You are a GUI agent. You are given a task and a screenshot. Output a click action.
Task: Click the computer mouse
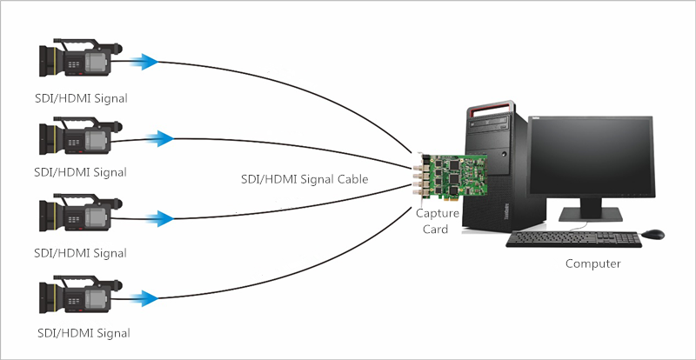click(653, 234)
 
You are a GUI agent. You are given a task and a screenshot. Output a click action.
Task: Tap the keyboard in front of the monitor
click(573, 239)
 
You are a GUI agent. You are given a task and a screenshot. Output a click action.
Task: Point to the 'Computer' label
click(592, 263)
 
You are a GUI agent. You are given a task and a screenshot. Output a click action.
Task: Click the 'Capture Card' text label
click(438, 221)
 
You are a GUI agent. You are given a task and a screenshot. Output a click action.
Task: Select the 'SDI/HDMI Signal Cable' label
click(304, 179)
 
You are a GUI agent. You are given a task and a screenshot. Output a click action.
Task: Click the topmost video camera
click(80, 57)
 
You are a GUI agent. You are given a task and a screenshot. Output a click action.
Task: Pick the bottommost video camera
click(80, 295)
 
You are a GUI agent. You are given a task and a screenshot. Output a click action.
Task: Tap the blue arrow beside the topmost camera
click(144, 62)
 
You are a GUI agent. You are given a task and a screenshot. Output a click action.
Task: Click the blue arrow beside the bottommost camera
click(144, 298)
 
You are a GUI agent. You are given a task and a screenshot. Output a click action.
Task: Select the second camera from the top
click(80, 136)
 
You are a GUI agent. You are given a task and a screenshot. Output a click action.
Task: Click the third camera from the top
click(80, 213)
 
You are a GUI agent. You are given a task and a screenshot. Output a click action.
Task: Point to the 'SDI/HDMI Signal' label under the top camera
click(81, 98)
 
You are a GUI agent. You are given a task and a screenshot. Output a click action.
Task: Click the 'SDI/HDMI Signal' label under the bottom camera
click(84, 332)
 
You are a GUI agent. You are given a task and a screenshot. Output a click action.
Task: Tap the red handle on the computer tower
click(492, 107)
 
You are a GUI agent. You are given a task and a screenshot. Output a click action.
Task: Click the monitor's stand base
click(591, 214)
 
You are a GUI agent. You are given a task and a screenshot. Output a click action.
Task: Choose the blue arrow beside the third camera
click(158, 219)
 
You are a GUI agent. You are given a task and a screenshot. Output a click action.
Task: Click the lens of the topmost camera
click(47, 61)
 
